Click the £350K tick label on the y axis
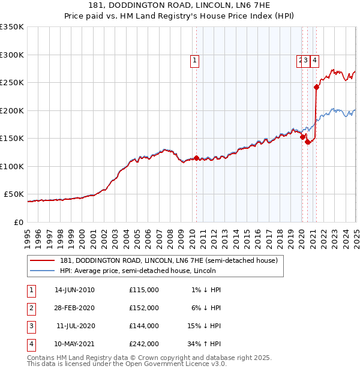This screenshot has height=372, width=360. pyautogui.click(x=12, y=27)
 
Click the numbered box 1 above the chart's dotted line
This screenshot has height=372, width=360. pyautogui.click(x=196, y=59)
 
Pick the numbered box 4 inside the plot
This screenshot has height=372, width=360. pyautogui.click(x=314, y=59)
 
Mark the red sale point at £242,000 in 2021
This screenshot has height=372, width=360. pyautogui.click(x=316, y=87)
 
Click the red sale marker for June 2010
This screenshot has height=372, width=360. pyautogui.click(x=197, y=158)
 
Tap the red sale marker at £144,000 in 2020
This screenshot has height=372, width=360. pyautogui.click(x=307, y=142)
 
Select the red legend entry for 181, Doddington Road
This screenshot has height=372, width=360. pyautogui.click(x=169, y=261)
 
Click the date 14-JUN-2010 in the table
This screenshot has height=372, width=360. pyautogui.click(x=74, y=290)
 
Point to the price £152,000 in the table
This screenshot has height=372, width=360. pyautogui.click(x=144, y=308)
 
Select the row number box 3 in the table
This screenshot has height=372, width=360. pyautogui.click(x=31, y=326)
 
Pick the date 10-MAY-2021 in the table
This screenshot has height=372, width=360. pyautogui.click(x=74, y=344)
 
